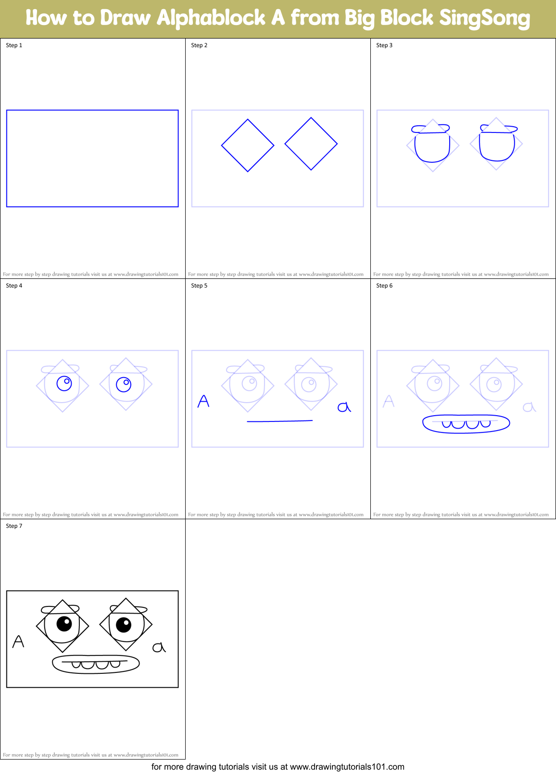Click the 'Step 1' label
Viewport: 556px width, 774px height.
(14, 45)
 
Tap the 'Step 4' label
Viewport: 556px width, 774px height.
(14, 286)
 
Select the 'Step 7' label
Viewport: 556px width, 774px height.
(14, 526)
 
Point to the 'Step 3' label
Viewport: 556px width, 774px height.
(384, 45)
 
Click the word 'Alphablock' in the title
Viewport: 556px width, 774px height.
(211, 18)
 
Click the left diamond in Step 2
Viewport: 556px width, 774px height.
(248, 145)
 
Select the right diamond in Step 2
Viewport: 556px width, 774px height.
(311, 144)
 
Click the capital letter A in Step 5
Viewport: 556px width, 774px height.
(203, 401)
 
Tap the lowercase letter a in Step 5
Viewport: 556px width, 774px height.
(344, 407)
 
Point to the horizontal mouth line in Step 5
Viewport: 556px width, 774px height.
(279, 421)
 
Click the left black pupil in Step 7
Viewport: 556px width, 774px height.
(64, 623)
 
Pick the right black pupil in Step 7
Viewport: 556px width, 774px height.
(124, 625)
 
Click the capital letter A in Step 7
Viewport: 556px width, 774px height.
(18, 642)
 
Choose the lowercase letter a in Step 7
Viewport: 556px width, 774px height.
(159, 647)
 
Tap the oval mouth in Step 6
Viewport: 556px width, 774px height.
(466, 424)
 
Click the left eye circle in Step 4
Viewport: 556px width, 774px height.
(64, 383)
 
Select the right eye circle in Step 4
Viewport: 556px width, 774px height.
(124, 385)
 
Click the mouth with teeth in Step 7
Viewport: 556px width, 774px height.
(96, 664)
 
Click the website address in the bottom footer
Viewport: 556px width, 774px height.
(347, 767)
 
